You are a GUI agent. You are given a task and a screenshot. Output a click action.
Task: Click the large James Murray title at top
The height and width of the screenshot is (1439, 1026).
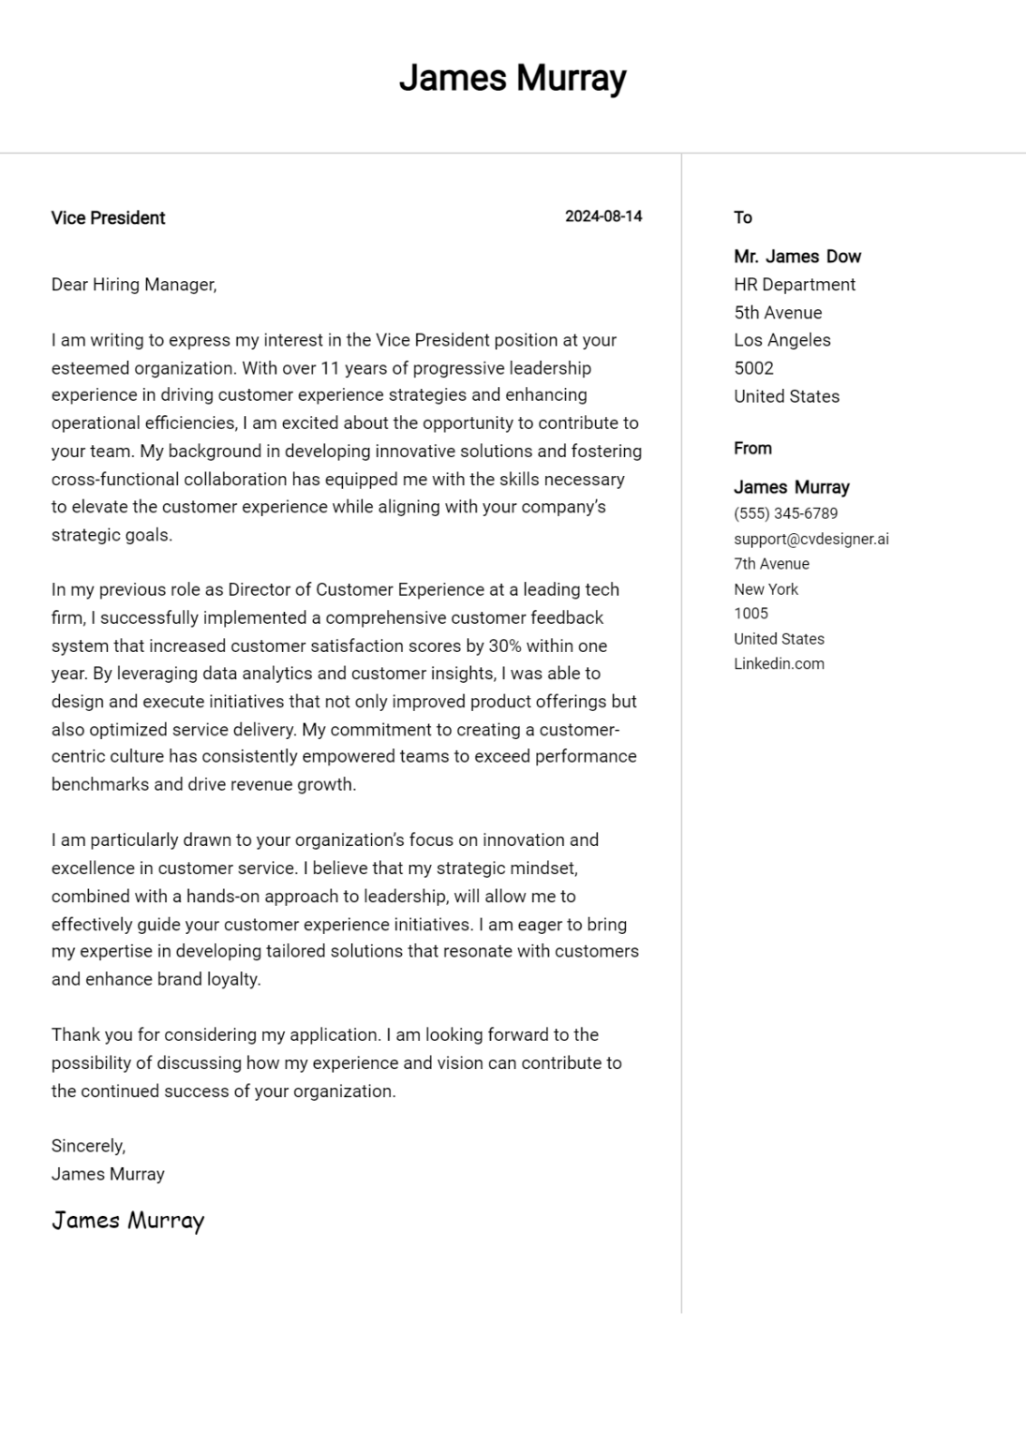[x=513, y=78]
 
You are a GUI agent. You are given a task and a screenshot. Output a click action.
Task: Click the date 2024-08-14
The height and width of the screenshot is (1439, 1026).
[x=603, y=216]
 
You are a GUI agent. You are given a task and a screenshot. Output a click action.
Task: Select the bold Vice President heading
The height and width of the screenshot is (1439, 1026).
[x=108, y=218]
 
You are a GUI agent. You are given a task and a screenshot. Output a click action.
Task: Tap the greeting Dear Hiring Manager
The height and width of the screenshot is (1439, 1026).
[x=134, y=285]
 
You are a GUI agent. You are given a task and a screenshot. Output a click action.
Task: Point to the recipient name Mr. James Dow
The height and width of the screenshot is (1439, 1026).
[x=796, y=257]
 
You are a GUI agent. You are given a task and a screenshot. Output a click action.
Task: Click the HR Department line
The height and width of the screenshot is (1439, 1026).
[x=795, y=285]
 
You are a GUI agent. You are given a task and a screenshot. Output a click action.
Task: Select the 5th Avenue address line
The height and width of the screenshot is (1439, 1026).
[x=778, y=313]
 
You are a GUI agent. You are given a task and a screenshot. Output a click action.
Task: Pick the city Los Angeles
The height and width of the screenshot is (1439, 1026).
[x=781, y=340]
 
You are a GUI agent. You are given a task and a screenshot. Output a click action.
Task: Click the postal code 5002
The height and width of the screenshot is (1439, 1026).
[x=753, y=368]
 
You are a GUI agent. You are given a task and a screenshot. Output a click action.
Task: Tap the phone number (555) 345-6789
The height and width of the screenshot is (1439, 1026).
[x=785, y=513]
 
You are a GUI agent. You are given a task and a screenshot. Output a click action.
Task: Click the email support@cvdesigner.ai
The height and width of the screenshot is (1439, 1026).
[x=810, y=539]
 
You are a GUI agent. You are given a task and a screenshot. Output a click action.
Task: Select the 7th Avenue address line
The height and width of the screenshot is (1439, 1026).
[x=771, y=564]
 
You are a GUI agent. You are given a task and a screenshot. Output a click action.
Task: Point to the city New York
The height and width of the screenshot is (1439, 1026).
[x=766, y=589]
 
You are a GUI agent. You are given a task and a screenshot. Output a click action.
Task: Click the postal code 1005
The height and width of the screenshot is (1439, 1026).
[x=751, y=614]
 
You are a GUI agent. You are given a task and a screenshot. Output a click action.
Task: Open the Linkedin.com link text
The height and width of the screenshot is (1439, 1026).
[x=779, y=664]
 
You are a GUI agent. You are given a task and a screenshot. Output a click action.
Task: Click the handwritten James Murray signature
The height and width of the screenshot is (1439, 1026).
[x=127, y=1221]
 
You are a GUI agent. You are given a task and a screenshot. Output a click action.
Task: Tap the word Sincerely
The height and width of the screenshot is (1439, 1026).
[x=88, y=1146]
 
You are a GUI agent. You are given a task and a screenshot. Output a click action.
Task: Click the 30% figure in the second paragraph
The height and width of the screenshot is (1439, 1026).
[x=505, y=646]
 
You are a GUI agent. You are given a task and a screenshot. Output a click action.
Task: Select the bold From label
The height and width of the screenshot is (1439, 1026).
[x=752, y=449]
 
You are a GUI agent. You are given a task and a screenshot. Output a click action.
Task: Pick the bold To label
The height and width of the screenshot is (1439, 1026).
[x=742, y=217]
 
